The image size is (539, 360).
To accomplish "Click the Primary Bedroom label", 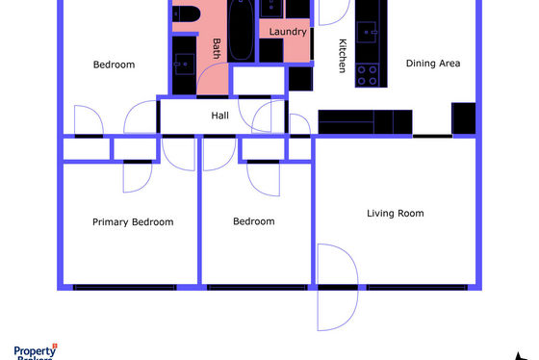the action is pyautogui.click(x=133, y=222).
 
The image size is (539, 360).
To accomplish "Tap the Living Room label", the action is pyautogui.click(x=396, y=214).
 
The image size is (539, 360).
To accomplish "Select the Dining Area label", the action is pyautogui.click(x=433, y=64).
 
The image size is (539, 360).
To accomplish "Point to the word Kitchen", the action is pyautogui.click(x=343, y=56).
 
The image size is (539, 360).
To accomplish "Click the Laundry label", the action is pyautogui.click(x=288, y=32).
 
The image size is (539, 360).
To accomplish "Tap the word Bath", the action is pyautogui.click(x=217, y=48).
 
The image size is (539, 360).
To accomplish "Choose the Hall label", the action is pyautogui.click(x=220, y=116).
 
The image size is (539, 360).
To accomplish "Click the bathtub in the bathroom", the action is pyautogui.click(x=241, y=30).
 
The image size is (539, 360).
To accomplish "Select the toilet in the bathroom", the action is pyautogui.click(x=186, y=14).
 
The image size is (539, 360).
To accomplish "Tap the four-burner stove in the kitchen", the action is pyautogui.click(x=367, y=75).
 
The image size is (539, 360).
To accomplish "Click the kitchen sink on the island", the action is pyautogui.click(x=367, y=32).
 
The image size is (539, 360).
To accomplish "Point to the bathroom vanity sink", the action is pyautogui.click(x=185, y=64).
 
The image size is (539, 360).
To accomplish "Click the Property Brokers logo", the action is pyautogui.click(x=36, y=351).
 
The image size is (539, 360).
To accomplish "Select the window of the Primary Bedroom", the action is pyautogui.click(x=125, y=288).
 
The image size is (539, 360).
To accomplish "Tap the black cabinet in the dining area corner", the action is pyautogui.click(x=464, y=118).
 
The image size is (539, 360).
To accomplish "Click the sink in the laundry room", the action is pyautogui.click(x=271, y=9).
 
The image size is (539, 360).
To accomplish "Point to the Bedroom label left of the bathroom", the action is pyautogui.click(x=114, y=64).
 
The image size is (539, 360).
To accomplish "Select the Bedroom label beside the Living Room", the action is pyautogui.click(x=254, y=221).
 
